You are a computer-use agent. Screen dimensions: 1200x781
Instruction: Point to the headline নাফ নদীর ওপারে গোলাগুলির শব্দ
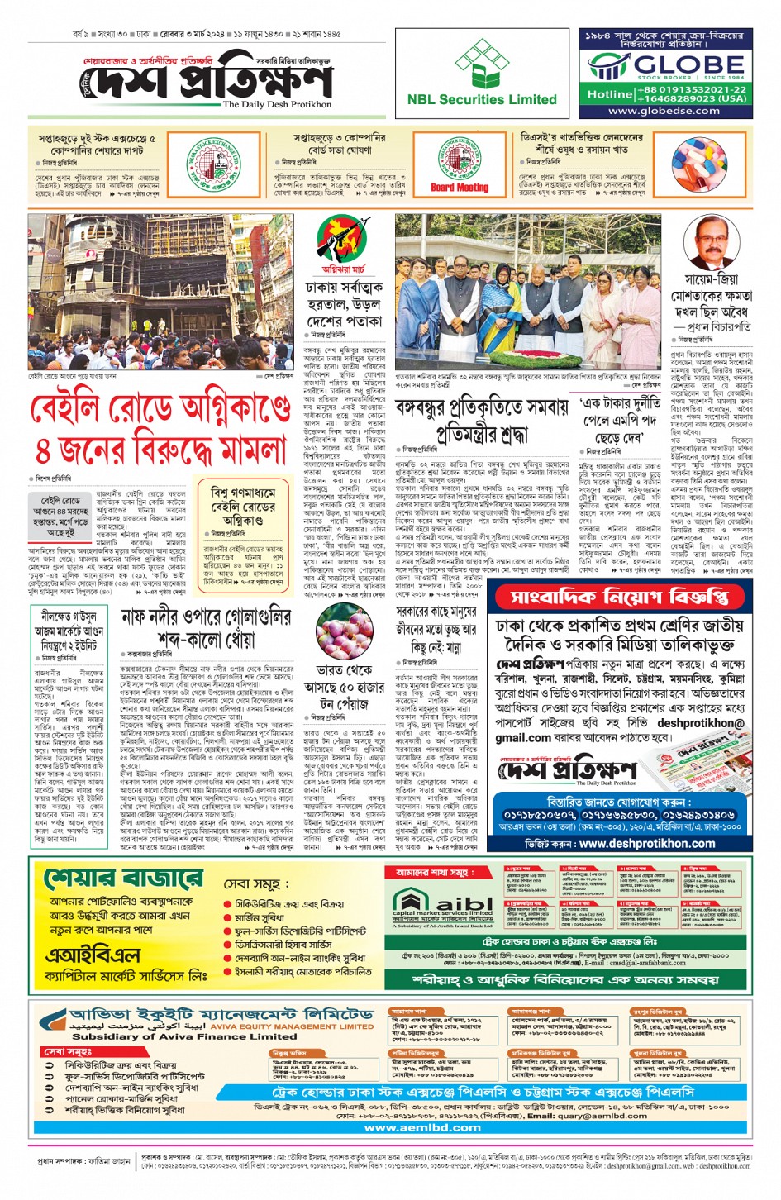pyautogui.click(x=207, y=628)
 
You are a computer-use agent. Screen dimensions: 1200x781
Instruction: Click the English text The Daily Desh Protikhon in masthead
pyautogui.click(x=277, y=105)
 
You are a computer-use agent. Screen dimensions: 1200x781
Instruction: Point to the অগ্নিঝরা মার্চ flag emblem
pyautogui.click(x=342, y=240)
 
